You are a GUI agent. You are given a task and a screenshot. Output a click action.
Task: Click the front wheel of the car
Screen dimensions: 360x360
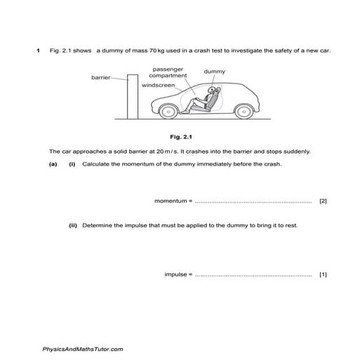[x=168, y=112]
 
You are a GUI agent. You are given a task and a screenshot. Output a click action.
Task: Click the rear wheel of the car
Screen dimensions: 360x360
[x=243, y=112]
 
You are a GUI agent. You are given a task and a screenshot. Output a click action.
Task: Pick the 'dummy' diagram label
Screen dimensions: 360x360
[x=215, y=72]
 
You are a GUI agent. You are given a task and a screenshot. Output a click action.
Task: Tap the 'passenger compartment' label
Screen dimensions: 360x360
[x=171, y=72]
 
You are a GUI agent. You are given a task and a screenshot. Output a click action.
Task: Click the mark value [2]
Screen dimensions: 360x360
[x=323, y=201]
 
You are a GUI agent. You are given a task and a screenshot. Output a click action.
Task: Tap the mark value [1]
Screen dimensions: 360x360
[x=323, y=274]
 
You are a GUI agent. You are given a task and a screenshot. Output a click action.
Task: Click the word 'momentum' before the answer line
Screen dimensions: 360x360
[x=171, y=201]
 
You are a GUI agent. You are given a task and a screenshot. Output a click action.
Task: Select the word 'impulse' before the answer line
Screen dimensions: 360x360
[x=175, y=274]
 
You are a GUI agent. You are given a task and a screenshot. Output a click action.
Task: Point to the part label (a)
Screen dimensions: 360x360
[x=53, y=164]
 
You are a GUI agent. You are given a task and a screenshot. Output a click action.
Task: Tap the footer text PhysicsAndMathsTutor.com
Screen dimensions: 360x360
[x=83, y=349]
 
